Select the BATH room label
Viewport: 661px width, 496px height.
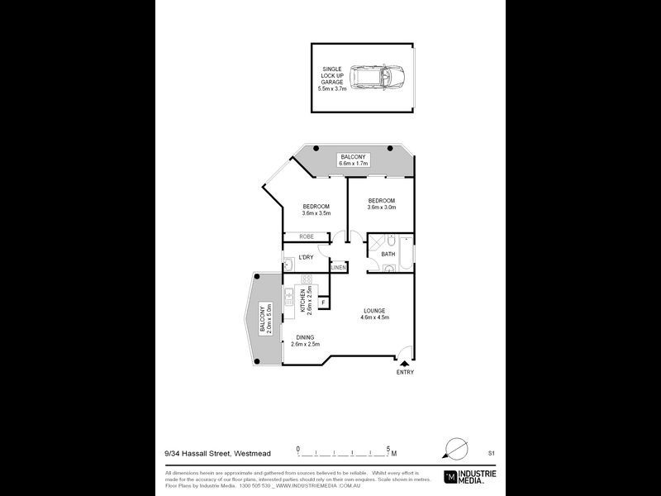(388, 255)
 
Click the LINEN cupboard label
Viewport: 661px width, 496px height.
(338, 268)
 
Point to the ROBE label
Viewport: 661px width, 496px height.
(297, 236)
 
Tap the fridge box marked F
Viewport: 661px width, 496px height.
(323, 303)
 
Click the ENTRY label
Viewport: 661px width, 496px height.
(404, 373)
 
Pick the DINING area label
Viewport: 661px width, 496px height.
(305, 338)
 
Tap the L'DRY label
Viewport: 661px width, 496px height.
(305, 257)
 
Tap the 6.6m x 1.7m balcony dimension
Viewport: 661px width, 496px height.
(353, 164)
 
